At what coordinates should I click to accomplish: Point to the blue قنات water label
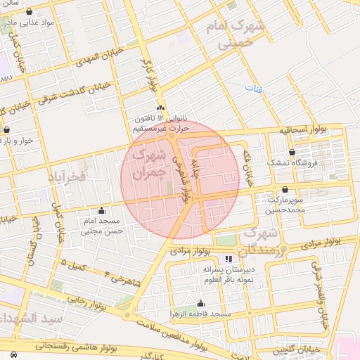[x=252, y=89]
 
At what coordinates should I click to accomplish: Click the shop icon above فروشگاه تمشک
[x=292, y=152]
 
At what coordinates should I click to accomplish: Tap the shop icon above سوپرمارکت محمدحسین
[x=284, y=190]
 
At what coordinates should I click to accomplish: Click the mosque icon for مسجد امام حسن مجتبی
[x=102, y=210]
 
